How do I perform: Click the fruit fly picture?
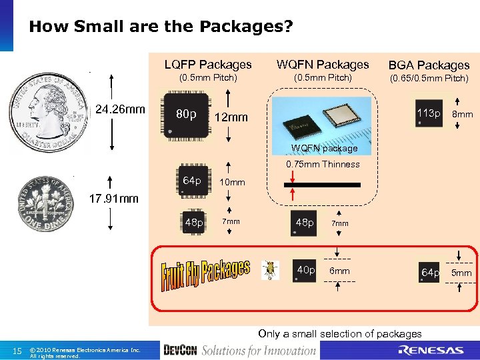coord(271,269)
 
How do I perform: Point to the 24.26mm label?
coord(119,109)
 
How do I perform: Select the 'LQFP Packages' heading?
coord(208,65)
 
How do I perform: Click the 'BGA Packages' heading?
coord(429,65)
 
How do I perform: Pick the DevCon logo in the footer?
coord(179,350)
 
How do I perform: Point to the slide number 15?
coord(19,351)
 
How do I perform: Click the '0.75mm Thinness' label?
coord(323,164)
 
